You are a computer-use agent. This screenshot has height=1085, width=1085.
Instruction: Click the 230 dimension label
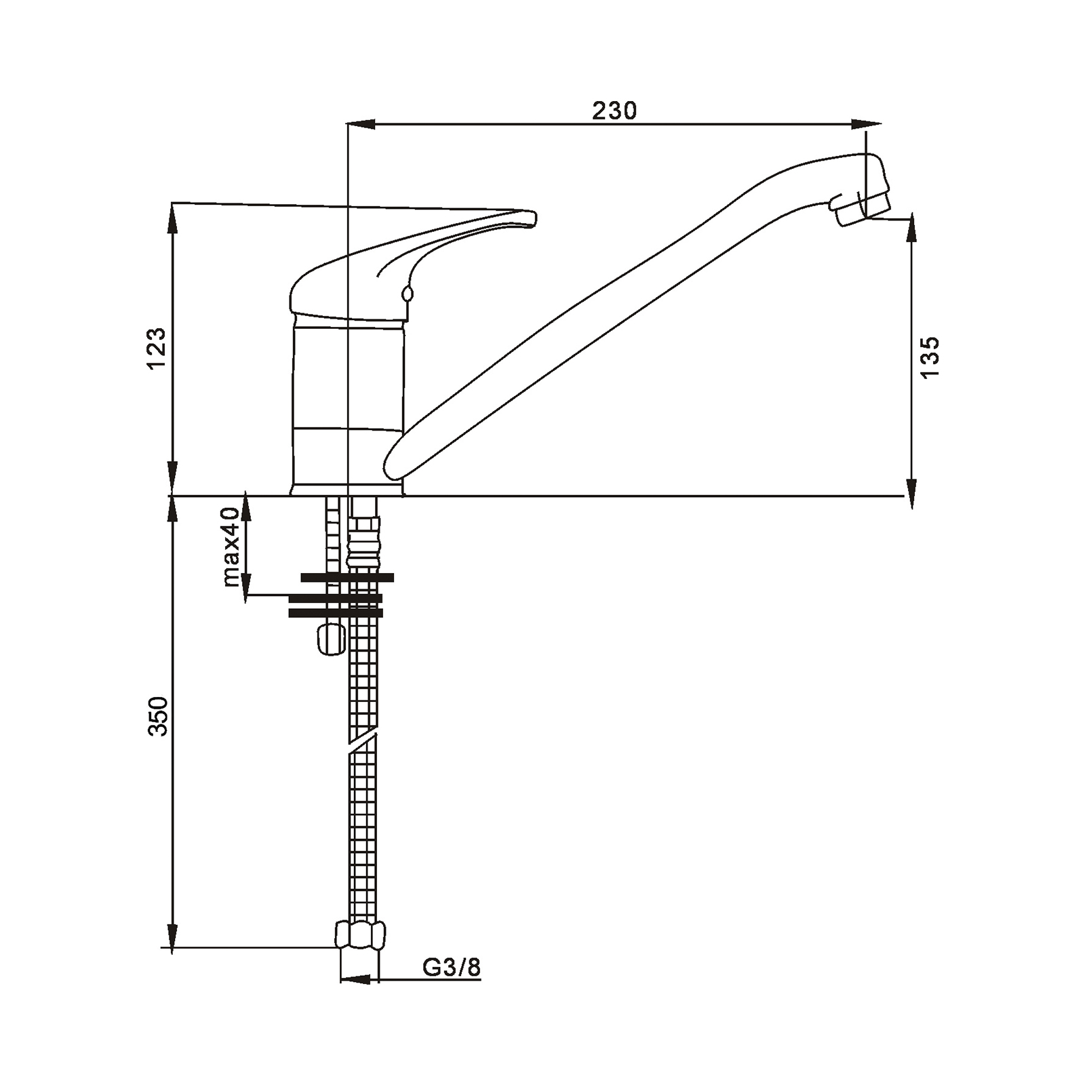pos(614,110)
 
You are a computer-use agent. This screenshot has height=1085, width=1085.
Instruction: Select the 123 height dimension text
pos(156,349)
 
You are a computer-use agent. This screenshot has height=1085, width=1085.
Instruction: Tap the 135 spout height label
pos(930,357)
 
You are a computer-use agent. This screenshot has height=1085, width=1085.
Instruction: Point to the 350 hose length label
pos(157,715)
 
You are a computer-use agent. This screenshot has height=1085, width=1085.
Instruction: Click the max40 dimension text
pos(231,546)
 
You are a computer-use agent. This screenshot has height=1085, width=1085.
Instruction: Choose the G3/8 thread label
pos(452,967)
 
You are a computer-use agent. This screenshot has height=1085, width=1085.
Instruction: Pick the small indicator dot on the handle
pos(407,294)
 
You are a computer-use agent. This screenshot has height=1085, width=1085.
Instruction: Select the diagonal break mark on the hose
pos(363,737)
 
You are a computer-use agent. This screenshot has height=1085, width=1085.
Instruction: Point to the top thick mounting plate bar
pos(347,578)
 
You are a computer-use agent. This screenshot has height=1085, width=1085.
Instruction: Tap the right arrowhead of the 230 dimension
pos(866,124)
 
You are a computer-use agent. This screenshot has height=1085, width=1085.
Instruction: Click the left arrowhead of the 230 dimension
pos(361,124)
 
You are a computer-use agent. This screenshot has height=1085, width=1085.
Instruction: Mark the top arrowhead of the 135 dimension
pos(912,227)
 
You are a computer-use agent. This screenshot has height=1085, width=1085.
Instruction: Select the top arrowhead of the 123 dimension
pos(172,218)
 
